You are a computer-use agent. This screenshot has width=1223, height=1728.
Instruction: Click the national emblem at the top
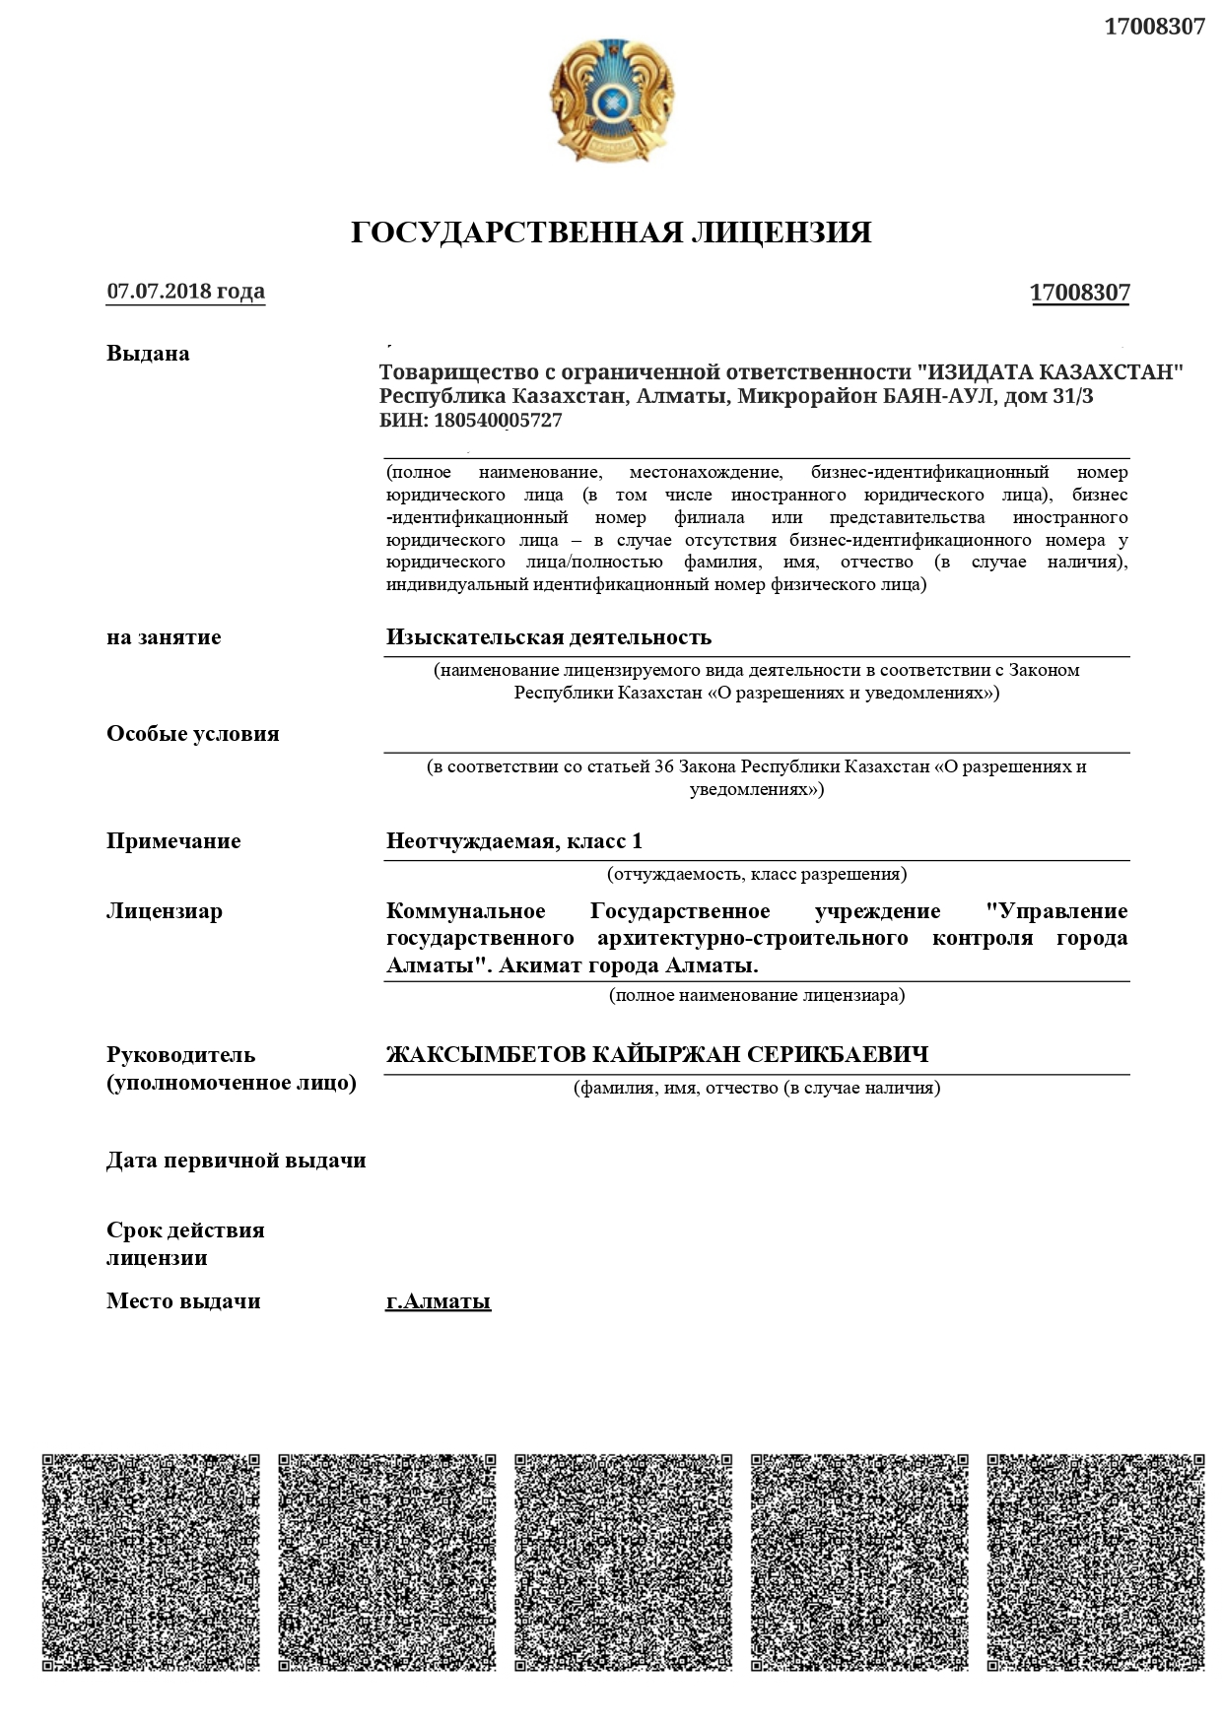click(x=611, y=101)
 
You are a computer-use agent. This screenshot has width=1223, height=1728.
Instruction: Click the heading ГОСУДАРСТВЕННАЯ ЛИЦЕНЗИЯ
click(x=611, y=233)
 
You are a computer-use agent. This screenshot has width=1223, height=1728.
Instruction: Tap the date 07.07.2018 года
click(x=185, y=292)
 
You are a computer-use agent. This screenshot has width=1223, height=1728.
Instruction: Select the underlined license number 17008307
click(x=1079, y=293)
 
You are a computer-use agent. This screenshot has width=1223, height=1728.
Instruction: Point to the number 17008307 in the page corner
click(x=1154, y=27)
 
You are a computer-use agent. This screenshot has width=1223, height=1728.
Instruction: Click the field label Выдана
click(x=148, y=354)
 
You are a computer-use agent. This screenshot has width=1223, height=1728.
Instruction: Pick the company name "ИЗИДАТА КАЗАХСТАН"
click(x=1050, y=372)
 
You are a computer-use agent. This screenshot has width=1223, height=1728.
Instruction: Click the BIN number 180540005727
click(x=497, y=421)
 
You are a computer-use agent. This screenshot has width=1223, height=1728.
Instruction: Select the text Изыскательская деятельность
click(x=548, y=637)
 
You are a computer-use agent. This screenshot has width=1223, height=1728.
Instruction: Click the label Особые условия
click(x=192, y=734)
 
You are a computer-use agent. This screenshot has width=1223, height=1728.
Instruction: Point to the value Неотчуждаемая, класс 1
click(x=513, y=841)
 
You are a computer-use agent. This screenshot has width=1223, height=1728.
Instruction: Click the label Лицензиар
click(x=164, y=911)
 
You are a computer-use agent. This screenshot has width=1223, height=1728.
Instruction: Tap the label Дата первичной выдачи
click(x=236, y=1161)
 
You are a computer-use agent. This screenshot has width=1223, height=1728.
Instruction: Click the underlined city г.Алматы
click(x=438, y=1301)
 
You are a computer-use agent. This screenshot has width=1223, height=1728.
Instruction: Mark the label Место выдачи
click(x=183, y=1301)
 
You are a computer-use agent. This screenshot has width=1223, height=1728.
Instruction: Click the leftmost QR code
click(x=151, y=1562)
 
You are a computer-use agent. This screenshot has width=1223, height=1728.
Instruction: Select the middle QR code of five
click(x=623, y=1562)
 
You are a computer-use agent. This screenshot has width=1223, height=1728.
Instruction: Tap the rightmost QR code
click(x=1095, y=1562)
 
